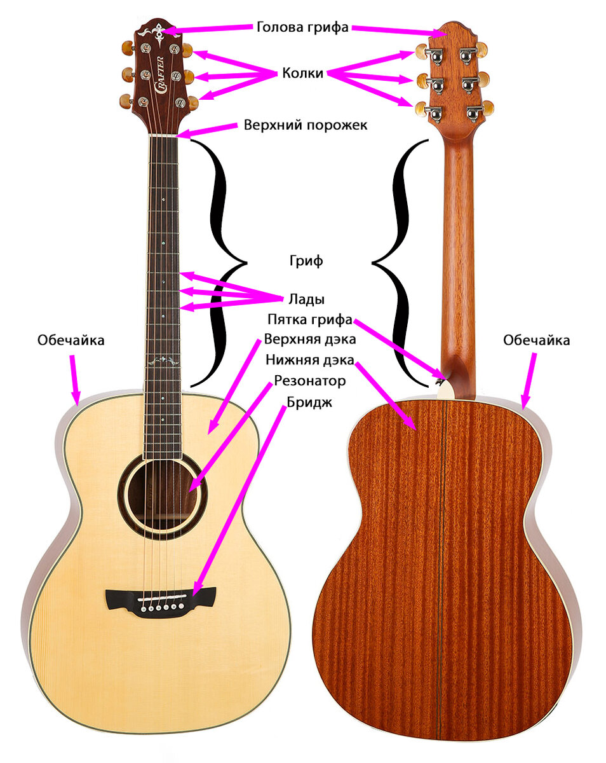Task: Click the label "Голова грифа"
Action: pos(302,27)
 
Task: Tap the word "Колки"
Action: pos(302,74)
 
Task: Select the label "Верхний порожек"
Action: pos(306,125)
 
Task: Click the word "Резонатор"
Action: pos(309,381)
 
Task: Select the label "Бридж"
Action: pos(309,402)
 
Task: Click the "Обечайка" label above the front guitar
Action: pos(71,341)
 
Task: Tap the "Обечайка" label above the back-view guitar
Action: pos(536,341)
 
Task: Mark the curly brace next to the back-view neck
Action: pos(396,262)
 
